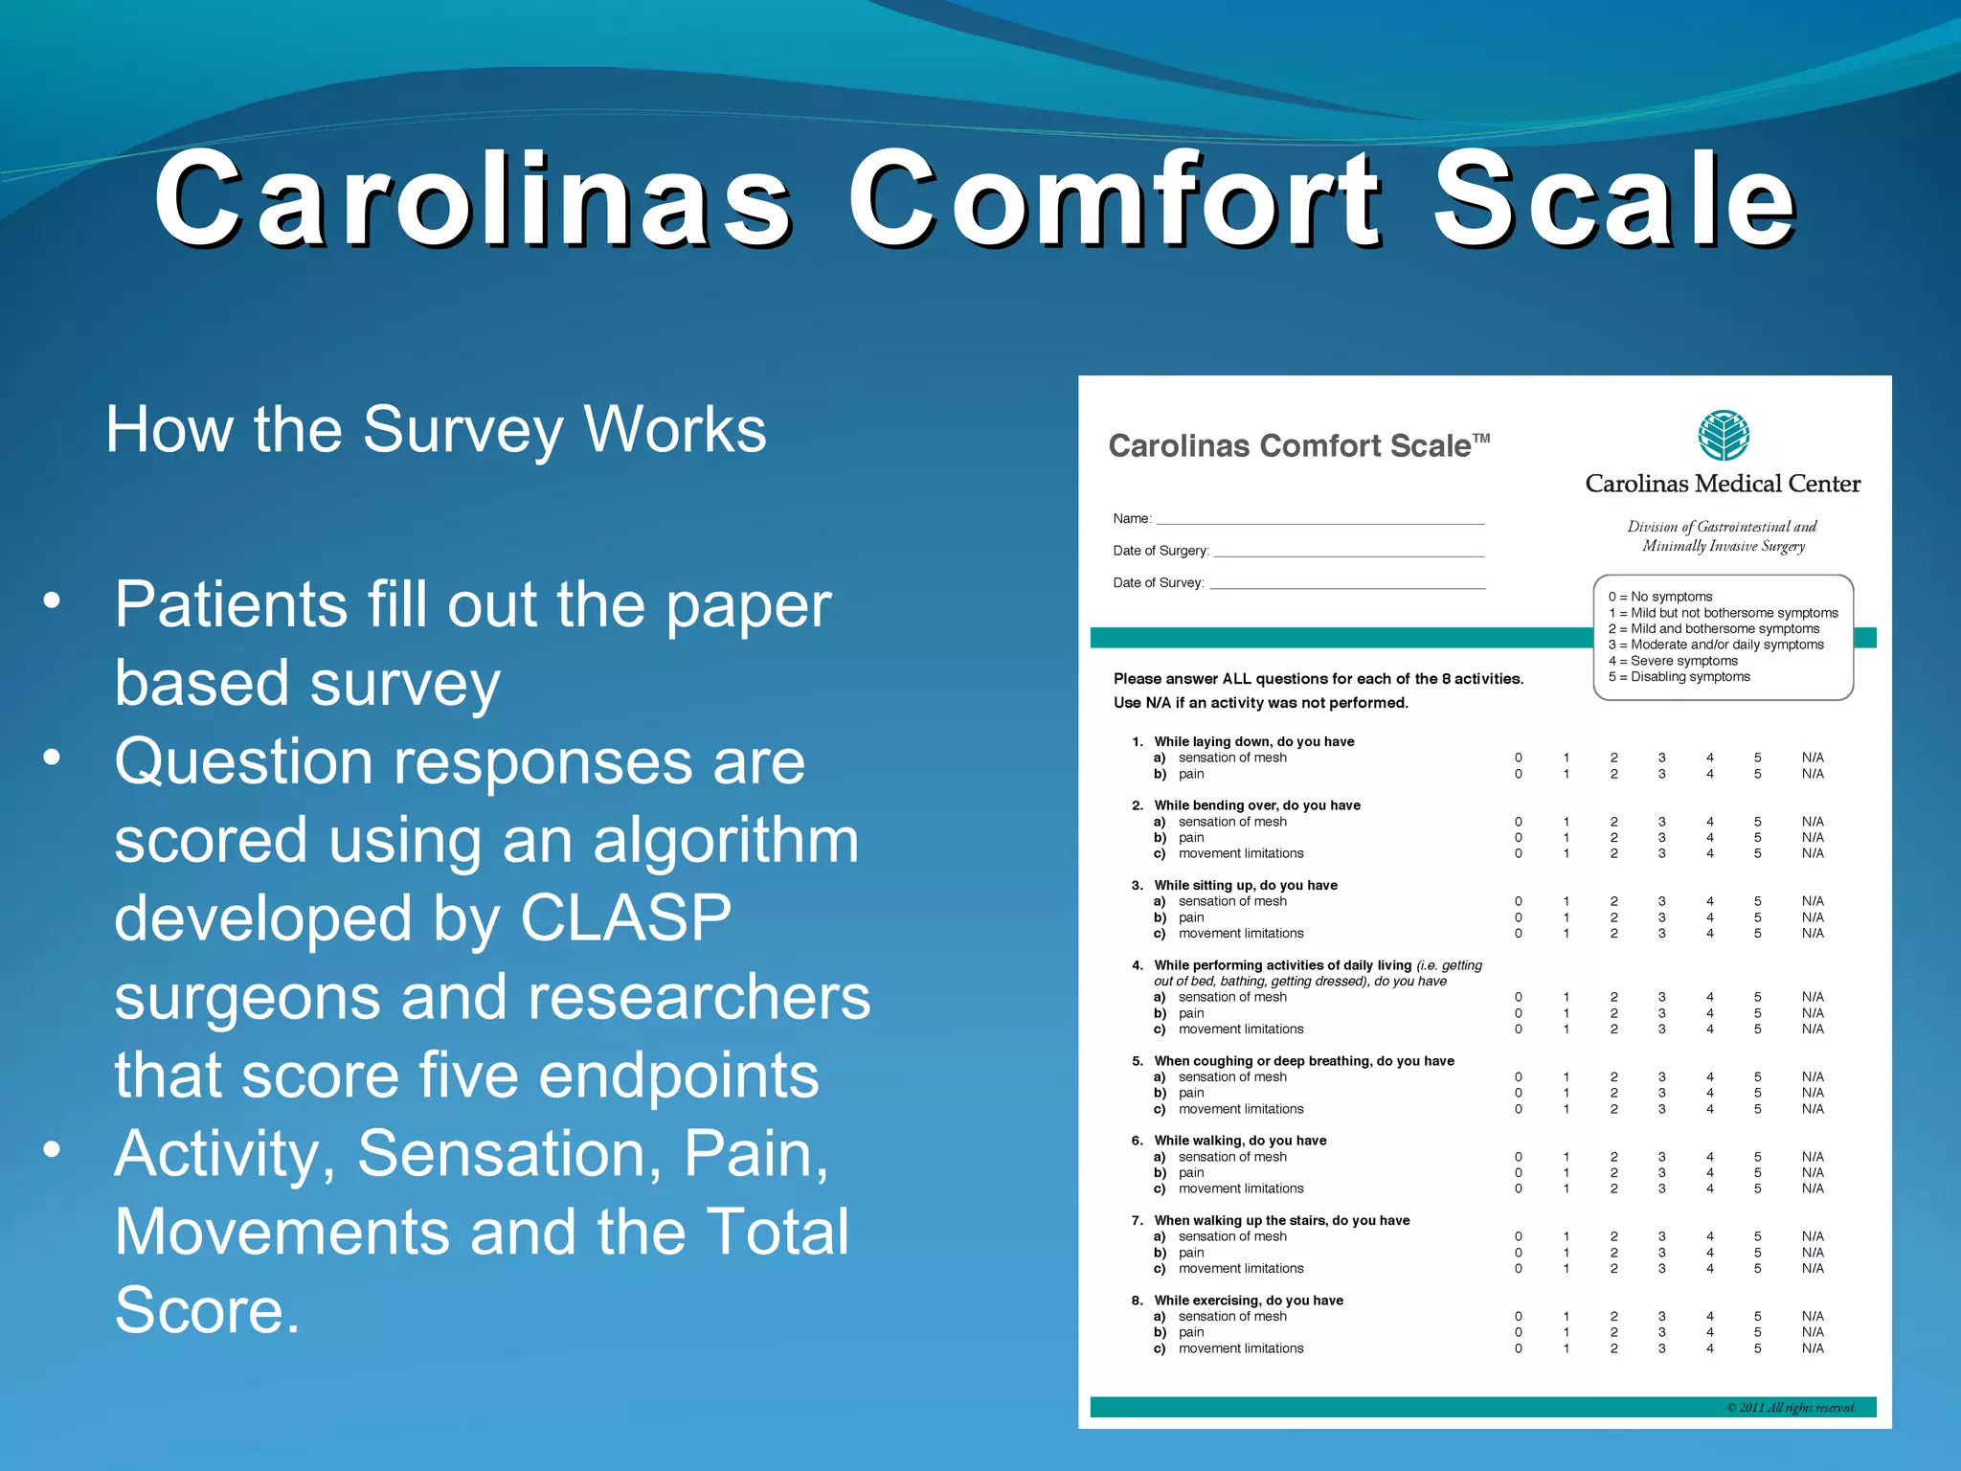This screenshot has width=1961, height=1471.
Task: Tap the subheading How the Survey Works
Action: (x=436, y=430)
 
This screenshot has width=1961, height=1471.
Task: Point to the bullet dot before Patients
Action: (x=52, y=602)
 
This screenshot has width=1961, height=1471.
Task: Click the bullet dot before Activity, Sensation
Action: (x=52, y=1150)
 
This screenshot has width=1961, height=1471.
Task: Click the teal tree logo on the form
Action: (x=1723, y=436)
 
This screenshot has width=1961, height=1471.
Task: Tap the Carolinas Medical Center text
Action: (x=1722, y=484)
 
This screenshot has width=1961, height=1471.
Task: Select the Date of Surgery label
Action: (x=1161, y=551)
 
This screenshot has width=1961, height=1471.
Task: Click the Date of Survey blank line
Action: (x=1346, y=585)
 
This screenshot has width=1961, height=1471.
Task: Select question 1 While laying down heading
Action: (x=1253, y=741)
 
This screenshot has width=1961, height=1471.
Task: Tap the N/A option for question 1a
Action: (x=1812, y=758)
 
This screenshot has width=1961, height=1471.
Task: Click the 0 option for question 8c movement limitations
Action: (x=1518, y=1348)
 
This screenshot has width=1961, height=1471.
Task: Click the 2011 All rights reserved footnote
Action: (x=1790, y=1407)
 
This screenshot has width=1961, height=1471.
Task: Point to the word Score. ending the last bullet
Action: (x=207, y=1310)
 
